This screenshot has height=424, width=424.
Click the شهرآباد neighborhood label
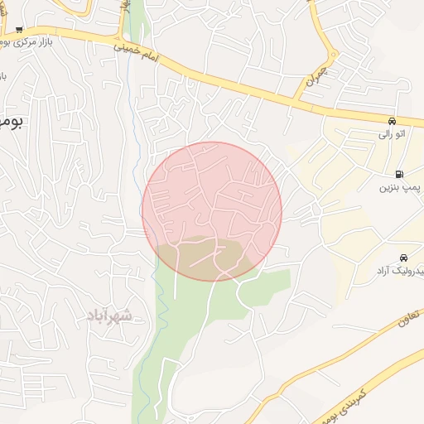(108, 315)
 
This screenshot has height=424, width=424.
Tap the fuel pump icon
(401, 175)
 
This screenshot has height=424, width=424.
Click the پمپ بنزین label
(401, 188)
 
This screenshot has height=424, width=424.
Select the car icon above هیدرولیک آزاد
(403, 258)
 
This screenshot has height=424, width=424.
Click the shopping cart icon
(18, 30)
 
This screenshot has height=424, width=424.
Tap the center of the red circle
(212, 211)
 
